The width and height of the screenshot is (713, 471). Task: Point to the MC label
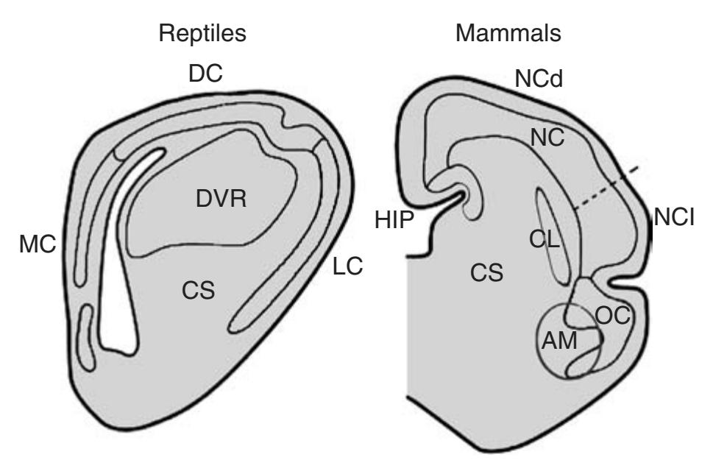38,245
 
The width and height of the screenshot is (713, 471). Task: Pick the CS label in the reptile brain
199,291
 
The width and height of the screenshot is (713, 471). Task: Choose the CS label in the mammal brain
487,274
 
